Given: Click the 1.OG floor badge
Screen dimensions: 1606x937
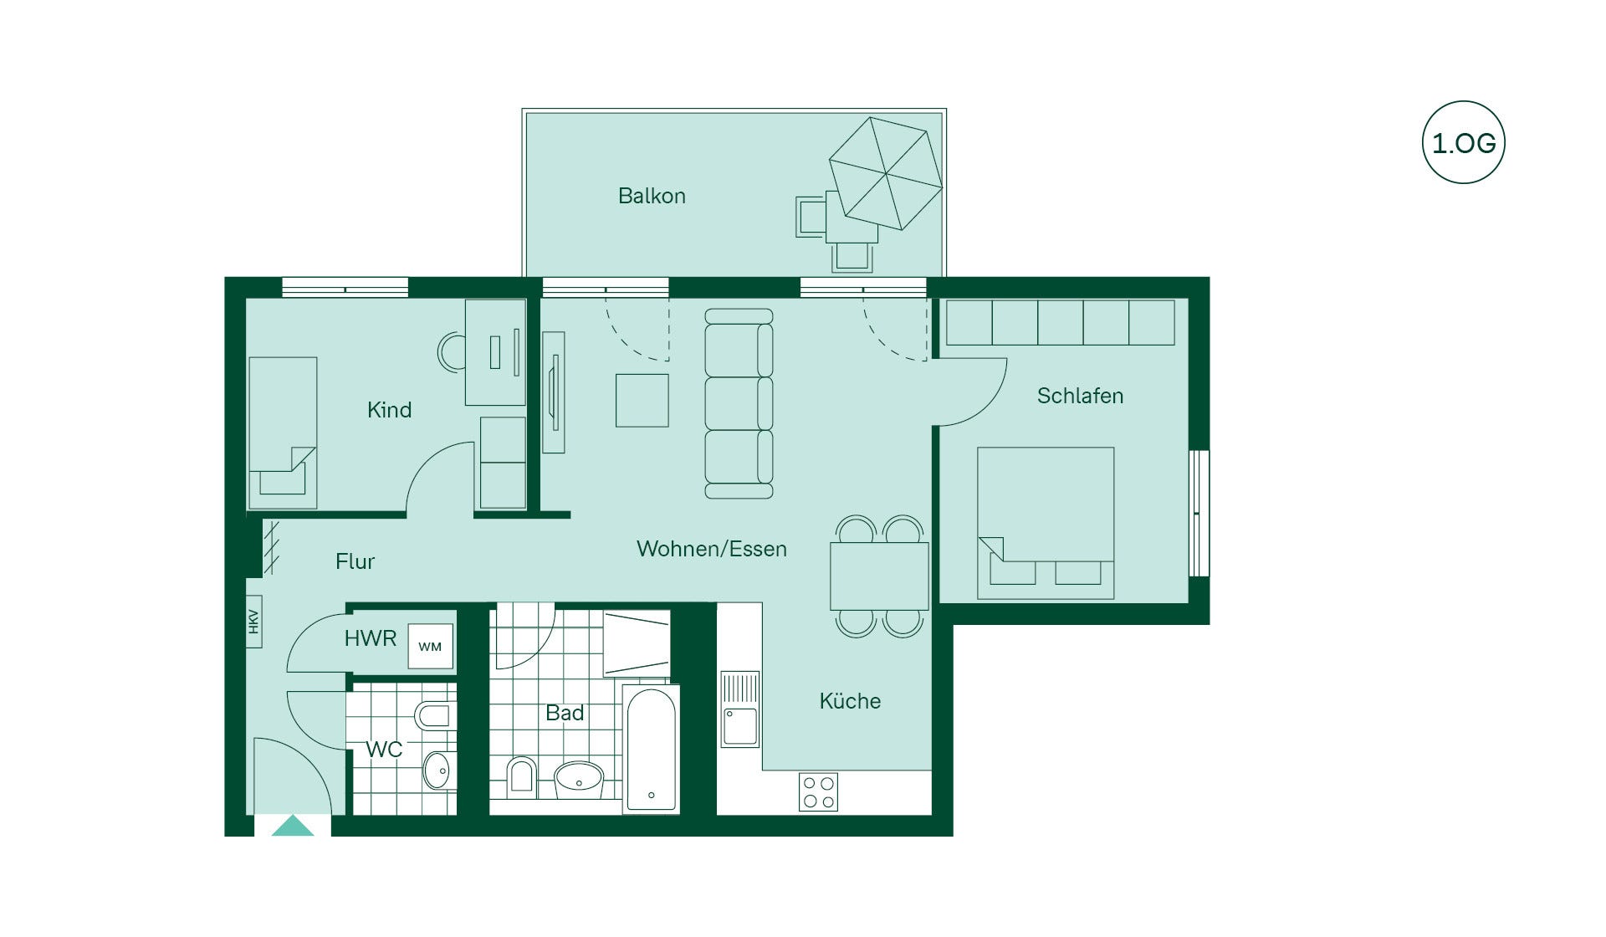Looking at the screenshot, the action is click(x=1464, y=142).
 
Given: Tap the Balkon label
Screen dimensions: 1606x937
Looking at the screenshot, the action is click(x=652, y=196).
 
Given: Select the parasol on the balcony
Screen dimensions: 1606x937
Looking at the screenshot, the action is click(x=886, y=173).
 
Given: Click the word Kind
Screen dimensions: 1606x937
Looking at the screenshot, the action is click(x=389, y=409).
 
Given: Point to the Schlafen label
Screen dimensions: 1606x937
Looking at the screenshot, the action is click(x=1080, y=396).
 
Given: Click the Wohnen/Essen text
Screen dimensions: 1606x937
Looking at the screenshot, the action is click(x=712, y=549).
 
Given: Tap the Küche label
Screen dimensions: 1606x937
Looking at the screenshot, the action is click(x=850, y=700).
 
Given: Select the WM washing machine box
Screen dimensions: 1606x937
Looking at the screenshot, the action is click(x=430, y=646).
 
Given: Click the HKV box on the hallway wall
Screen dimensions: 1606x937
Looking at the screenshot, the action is click(x=253, y=621).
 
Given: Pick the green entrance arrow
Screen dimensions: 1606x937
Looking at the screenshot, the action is click(x=293, y=826).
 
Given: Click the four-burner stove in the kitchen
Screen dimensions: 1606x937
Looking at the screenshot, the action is click(x=818, y=792).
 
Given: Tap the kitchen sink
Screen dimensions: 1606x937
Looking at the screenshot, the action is click(x=740, y=709).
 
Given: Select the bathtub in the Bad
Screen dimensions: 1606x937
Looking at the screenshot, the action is click(x=651, y=749).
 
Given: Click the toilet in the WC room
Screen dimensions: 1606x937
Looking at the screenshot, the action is click(x=435, y=715).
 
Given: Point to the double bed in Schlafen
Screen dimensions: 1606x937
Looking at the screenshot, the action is click(x=1046, y=523).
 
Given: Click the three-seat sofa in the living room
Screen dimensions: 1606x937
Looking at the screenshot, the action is click(x=739, y=404).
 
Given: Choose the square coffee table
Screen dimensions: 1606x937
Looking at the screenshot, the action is click(x=642, y=401).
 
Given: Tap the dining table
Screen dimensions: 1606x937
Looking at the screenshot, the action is click(x=879, y=576).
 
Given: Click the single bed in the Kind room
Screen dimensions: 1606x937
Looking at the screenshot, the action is click(x=283, y=433).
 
